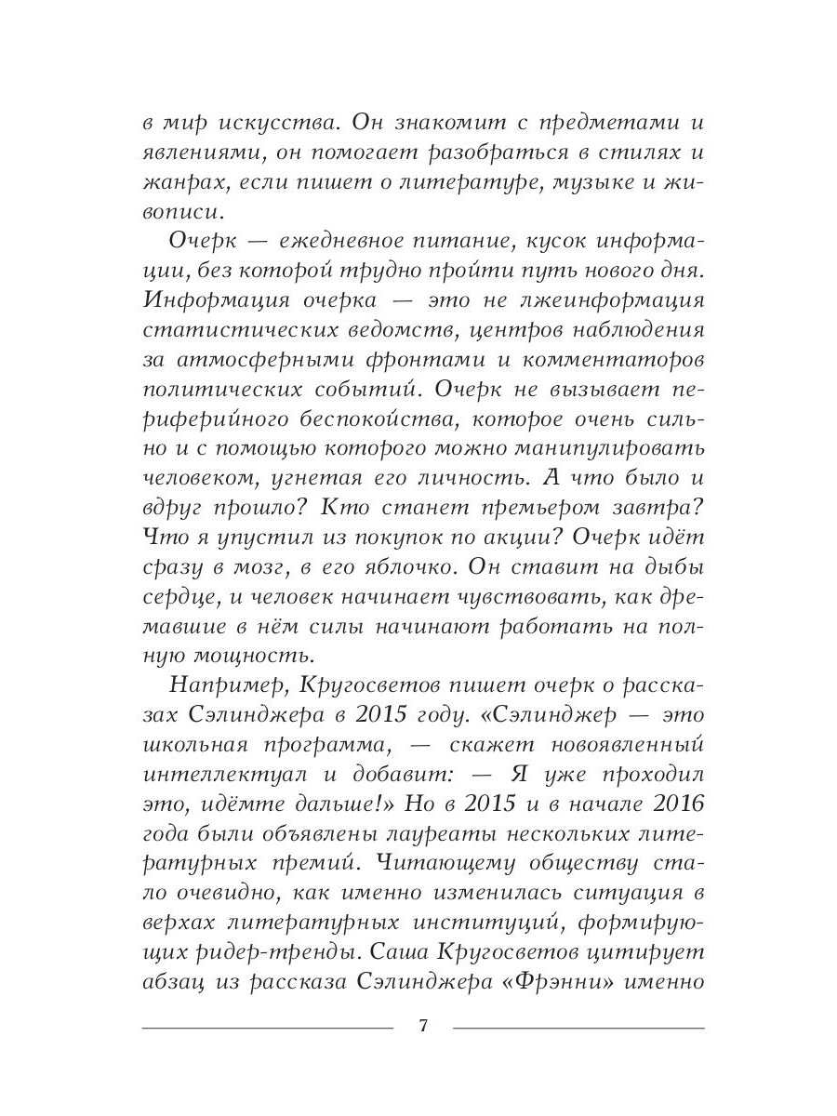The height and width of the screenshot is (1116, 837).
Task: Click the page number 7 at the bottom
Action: [x=423, y=1027]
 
